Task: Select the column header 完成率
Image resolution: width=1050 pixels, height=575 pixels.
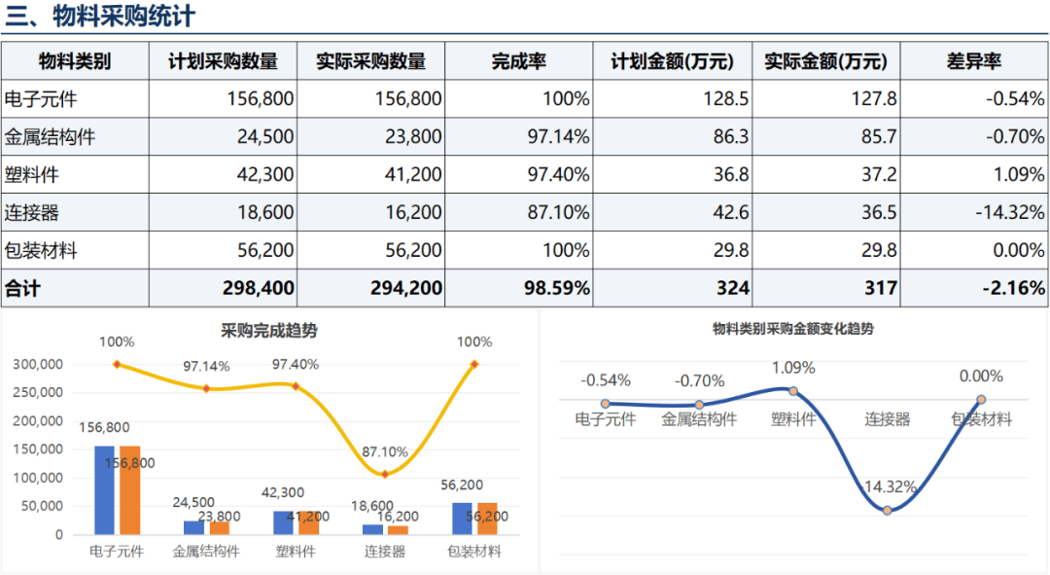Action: click(518, 61)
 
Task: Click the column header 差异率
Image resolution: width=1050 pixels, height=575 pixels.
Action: click(973, 61)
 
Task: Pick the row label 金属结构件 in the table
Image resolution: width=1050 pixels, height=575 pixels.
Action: click(51, 137)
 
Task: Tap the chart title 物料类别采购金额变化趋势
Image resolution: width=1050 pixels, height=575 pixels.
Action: click(793, 329)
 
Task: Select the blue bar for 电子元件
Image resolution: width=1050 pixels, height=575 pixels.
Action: click(105, 489)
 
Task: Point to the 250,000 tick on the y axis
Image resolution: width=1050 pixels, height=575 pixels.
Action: click(40, 392)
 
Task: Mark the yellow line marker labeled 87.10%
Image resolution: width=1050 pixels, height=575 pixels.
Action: click(385, 474)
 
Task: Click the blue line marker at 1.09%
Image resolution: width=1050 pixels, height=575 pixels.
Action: click(793, 391)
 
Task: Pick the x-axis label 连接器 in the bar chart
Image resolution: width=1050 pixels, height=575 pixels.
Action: click(385, 552)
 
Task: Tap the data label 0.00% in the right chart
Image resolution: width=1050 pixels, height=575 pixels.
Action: click(981, 377)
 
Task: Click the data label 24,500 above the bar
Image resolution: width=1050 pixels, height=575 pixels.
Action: click(192, 503)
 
